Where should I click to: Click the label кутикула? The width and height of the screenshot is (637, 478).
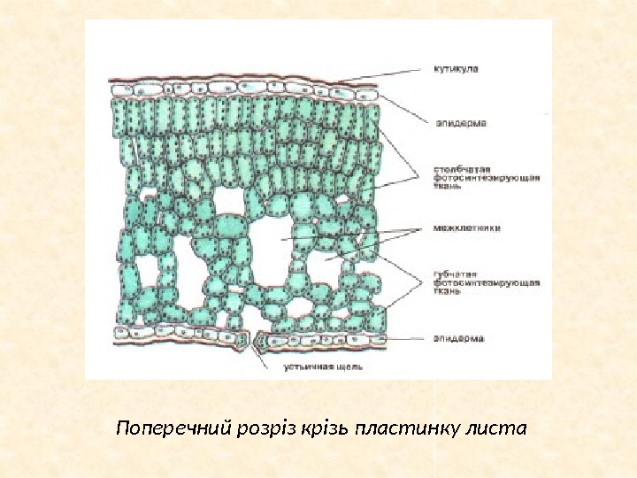(x=456, y=69)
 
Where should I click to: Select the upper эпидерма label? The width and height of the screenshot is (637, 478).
(x=461, y=123)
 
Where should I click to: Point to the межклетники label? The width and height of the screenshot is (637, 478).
(x=467, y=227)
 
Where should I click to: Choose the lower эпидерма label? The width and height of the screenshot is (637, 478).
(x=458, y=337)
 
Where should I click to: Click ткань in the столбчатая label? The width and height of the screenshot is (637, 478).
(x=448, y=187)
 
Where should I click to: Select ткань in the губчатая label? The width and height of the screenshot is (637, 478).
(x=448, y=290)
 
